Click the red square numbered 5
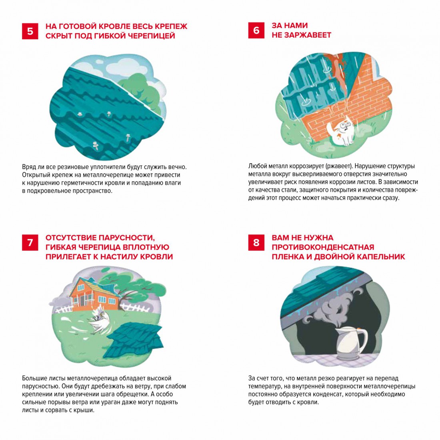tap(30, 31)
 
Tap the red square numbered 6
tap(256, 30)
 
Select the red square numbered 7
tap(30, 242)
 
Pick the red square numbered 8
tap(256, 242)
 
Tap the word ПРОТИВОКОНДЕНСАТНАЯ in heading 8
tap(323, 247)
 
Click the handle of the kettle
tap(364, 340)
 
